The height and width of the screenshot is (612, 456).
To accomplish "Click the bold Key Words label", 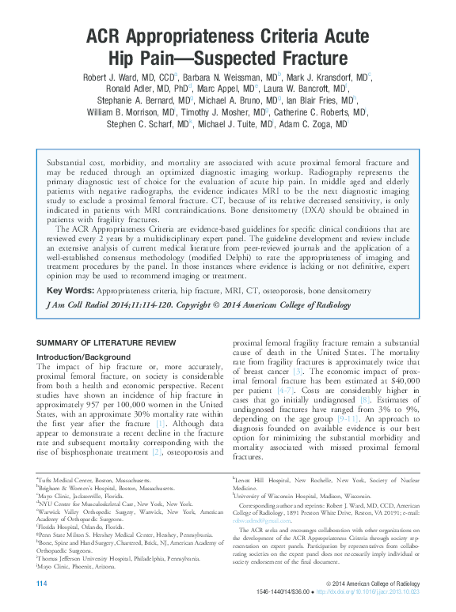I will [66, 291].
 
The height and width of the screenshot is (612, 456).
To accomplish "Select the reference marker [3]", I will [297, 371].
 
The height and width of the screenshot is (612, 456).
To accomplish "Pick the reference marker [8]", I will [364, 400].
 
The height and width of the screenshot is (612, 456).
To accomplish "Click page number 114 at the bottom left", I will [43, 584].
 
